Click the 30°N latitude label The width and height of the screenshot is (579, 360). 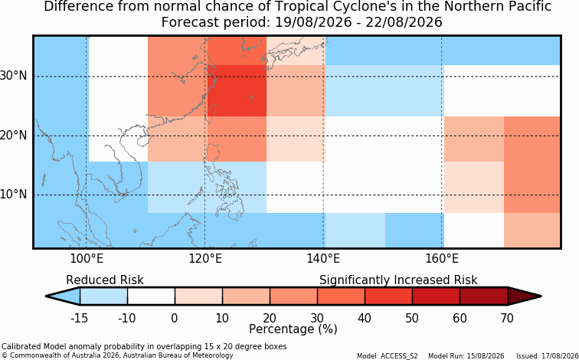tap(13, 76)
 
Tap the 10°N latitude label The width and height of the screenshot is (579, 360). tap(13, 195)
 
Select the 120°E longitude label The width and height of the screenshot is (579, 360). tap(205, 259)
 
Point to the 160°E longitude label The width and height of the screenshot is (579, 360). tap(442, 259)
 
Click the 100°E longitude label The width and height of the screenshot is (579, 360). tap(86, 259)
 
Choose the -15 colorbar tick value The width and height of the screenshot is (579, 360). tap(79, 318)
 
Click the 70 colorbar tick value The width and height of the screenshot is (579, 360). tap(507, 318)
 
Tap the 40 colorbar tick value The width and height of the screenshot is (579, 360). tap(365, 318)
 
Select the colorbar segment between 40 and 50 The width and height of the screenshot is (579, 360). tap(388, 296)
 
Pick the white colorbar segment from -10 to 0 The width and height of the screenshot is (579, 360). tap(151, 296)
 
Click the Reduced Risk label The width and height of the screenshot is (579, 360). tap(105, 280)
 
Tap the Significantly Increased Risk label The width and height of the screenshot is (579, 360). tap(398, 280)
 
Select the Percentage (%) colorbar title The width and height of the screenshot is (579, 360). tap(293, 329)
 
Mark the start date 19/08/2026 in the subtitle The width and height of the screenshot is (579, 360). tap(313, 22)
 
